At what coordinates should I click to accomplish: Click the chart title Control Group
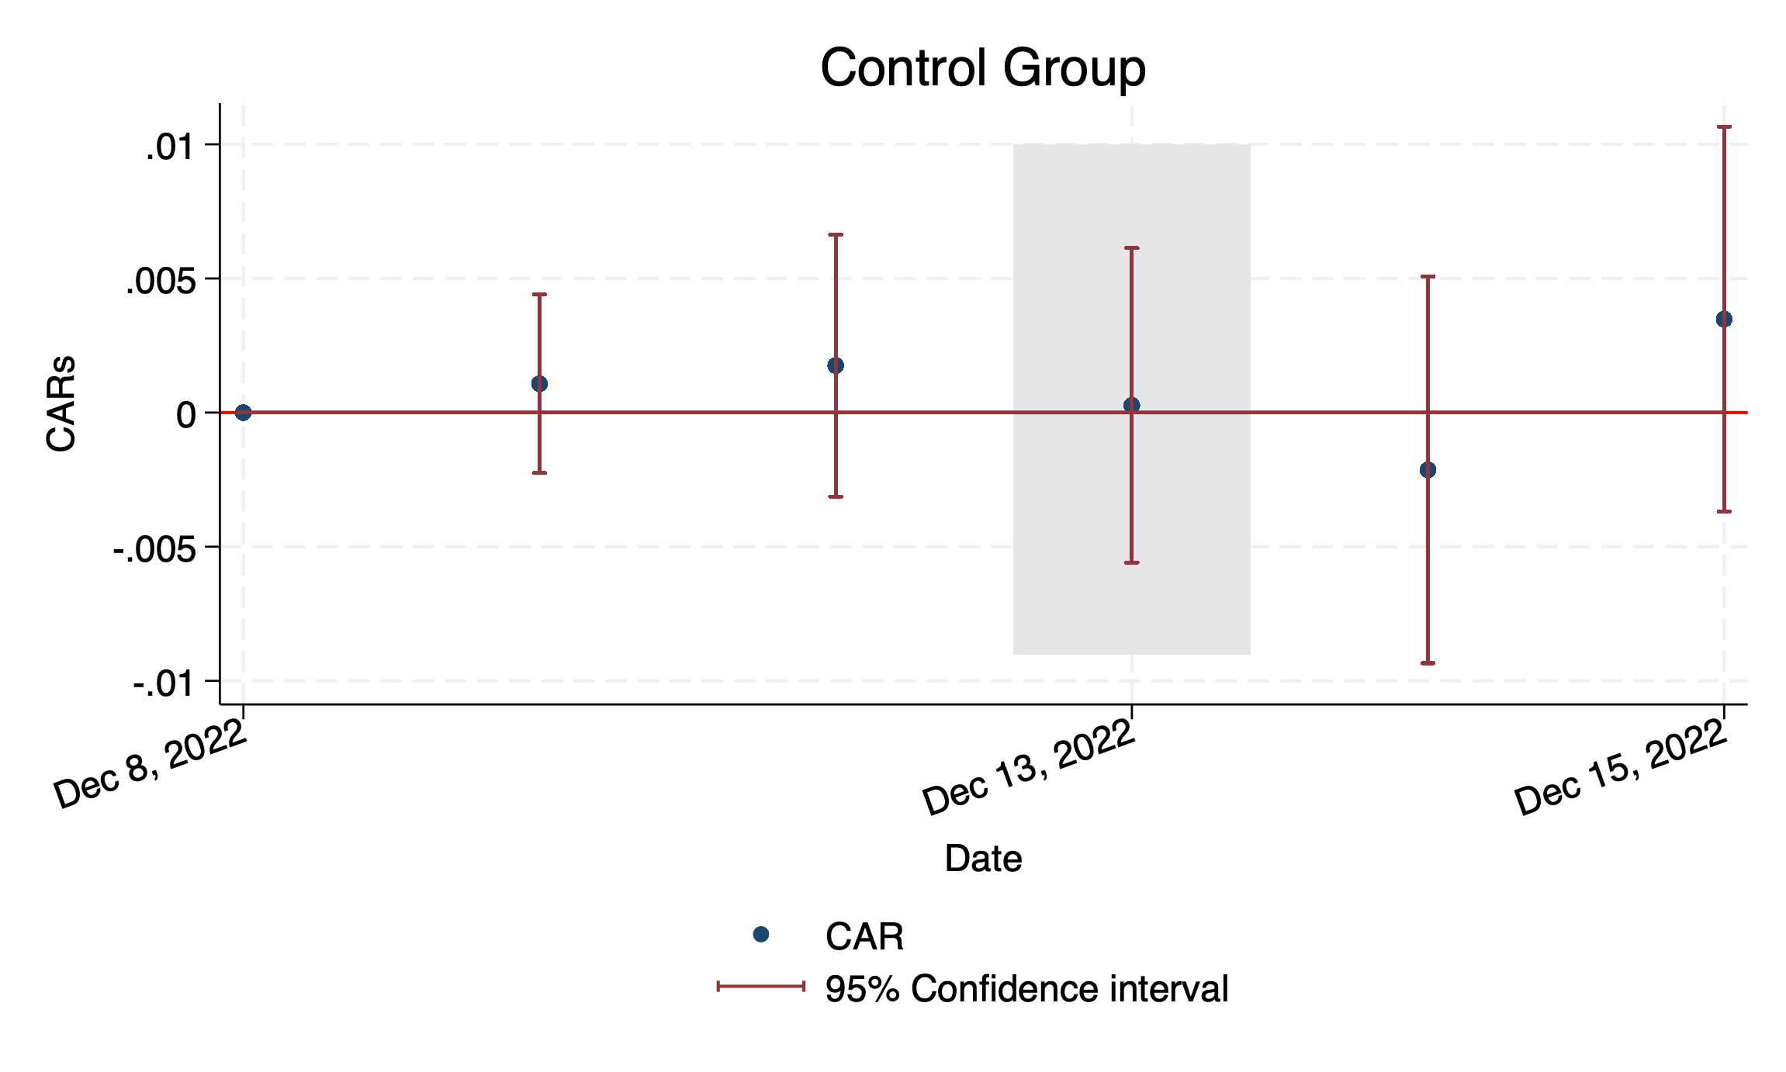click(982, 68)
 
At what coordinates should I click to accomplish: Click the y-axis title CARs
click(61, 403)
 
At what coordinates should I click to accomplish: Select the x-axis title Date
click(982, 859)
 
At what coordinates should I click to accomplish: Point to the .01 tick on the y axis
click(169, 147)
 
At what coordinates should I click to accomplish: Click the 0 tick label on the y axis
click(186, 415)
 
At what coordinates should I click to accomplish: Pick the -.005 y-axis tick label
click(154, 550)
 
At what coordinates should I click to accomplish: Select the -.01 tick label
click(163, 684)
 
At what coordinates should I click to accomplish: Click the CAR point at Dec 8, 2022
click(243, 413)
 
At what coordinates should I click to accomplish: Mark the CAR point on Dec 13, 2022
click(1131, 405)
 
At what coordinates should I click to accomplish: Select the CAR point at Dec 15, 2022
click(1724, 319)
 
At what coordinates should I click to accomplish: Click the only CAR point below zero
click(1428, 469)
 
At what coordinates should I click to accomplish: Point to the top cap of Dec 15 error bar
click(1724, 126)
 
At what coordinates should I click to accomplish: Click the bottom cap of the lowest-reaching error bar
click(1428, 663)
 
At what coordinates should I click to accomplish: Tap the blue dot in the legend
click(761, 935)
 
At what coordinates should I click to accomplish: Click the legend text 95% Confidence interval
click(1026, 989)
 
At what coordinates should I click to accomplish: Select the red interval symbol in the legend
click(761, 987)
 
